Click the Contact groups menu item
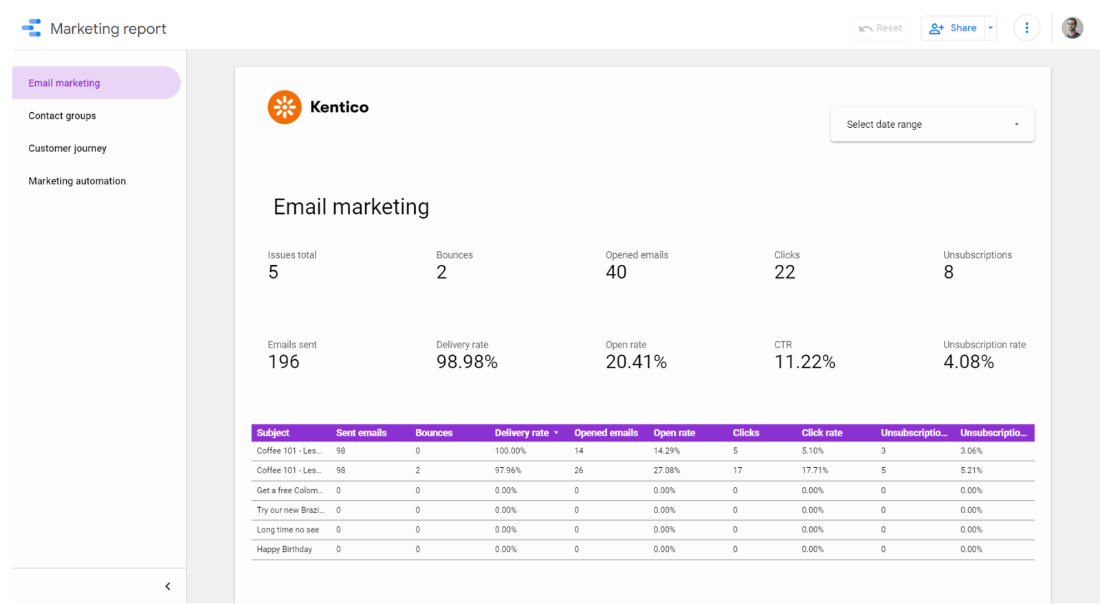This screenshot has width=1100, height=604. coord(62,116)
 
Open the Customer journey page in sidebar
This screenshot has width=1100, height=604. coord(67,149)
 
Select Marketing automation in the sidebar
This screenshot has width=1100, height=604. coord(77,181)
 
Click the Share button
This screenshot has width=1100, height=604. coord(953,28)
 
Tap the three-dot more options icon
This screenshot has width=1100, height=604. coord(1026,28)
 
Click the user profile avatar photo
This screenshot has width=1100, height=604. coord(1072,28)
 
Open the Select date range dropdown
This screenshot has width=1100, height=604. coord(932,125)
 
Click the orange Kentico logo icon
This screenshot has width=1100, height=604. coord(285,107)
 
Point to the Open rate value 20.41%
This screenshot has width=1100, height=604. coord(636,362)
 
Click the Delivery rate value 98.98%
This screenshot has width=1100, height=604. coord(467,362)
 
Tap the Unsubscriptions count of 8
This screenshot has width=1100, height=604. coord(948,272)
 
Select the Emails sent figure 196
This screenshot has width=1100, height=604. coord(283,362)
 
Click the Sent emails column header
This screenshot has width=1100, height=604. coord(361,433)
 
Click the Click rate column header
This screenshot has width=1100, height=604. coord(822,433)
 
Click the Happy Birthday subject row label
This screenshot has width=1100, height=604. coord(284,549)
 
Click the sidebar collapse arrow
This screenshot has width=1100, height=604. coord(168,586)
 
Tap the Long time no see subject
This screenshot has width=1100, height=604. coord(287,530)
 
